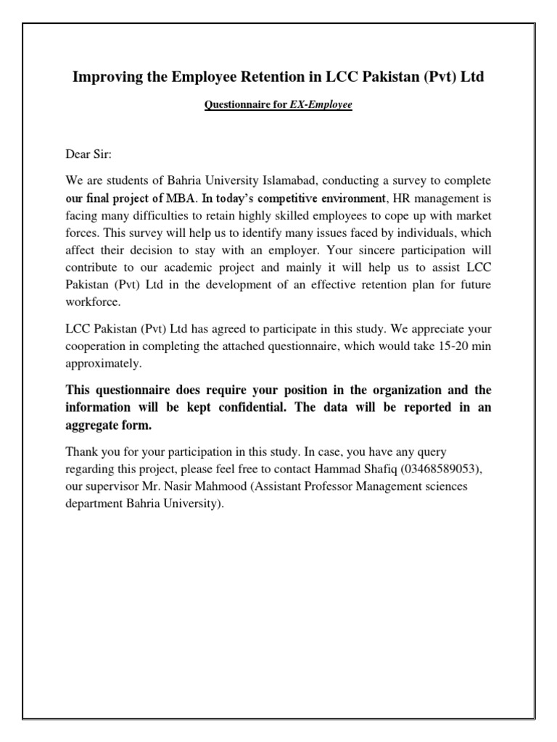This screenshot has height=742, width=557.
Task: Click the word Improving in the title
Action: coord(104,77)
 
